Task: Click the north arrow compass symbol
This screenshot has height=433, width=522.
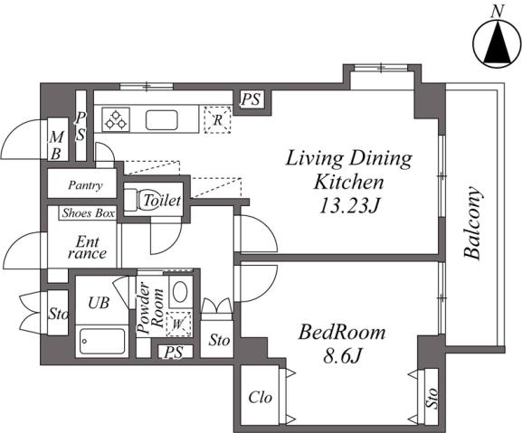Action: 497,44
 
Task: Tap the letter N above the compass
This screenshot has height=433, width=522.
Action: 498,13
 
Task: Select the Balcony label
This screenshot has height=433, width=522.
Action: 473,223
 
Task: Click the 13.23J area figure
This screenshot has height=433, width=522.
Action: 349,206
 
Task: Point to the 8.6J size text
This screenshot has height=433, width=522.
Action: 342,356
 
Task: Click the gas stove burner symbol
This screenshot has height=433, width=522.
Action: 116,119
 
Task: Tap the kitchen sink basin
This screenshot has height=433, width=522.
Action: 161,120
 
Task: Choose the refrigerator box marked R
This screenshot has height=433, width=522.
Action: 217,119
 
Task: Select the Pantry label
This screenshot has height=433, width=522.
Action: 85,185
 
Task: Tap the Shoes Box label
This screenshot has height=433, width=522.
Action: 89,212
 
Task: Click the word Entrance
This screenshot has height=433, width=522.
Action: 87,248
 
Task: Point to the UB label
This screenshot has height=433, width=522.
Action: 99,303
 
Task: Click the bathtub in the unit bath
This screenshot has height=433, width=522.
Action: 102,341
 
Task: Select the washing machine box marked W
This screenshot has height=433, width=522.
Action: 178,325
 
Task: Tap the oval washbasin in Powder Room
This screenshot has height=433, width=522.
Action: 180,292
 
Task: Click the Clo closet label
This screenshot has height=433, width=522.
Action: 260,397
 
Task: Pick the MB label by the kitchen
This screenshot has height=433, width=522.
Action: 57,146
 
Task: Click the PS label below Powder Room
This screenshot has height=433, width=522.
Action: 174,353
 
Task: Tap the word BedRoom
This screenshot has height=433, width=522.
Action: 342,333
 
